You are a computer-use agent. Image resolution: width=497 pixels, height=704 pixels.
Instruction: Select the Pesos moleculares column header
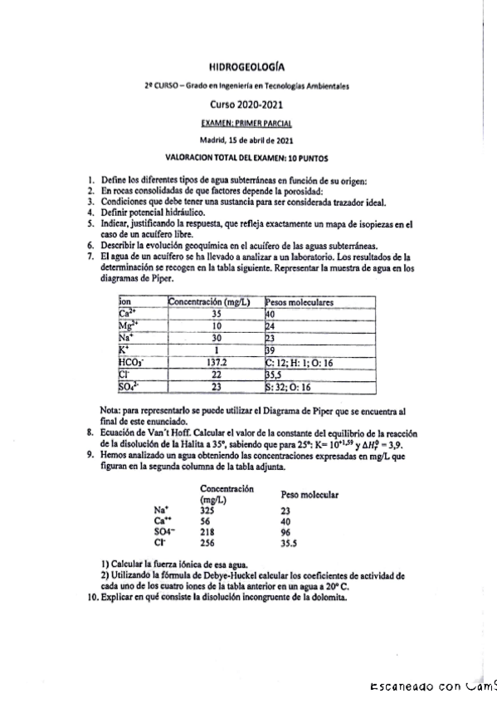(300, 303)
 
